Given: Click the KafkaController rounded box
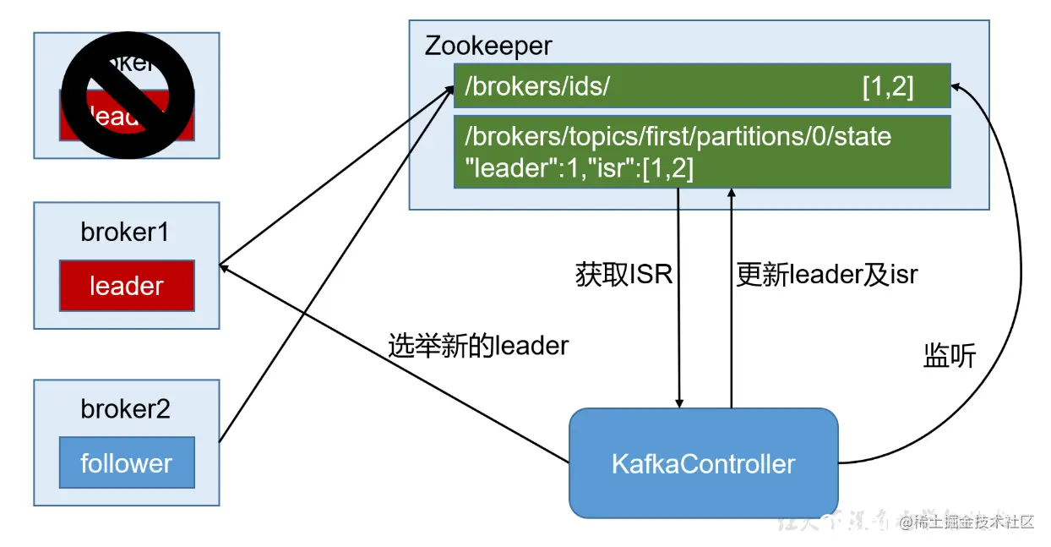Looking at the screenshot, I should coord(703,463).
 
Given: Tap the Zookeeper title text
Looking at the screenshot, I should coord(488,45).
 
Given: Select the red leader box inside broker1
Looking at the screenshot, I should coord(127,286).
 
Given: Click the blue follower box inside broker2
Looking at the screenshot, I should coord(127,462).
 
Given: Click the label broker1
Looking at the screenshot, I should coord(125,232).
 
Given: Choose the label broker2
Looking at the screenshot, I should coord(125,409).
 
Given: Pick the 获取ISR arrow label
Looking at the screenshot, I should coord(624,275).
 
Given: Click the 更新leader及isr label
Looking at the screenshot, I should coord(826,275).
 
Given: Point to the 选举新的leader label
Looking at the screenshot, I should coord(478,345).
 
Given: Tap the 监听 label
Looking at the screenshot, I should coord(949,357).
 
